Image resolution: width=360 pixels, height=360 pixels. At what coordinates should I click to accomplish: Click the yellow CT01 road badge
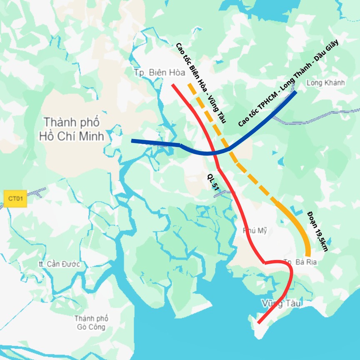pos(15,199)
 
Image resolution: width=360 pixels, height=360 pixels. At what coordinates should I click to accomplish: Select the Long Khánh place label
pos(325,82)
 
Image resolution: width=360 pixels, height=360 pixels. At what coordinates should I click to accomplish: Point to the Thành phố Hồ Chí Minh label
pos(72,129)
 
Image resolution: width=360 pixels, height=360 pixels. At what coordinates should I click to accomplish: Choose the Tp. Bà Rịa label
pos(297,262)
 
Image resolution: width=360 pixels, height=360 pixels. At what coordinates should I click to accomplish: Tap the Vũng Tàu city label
pos(281,302)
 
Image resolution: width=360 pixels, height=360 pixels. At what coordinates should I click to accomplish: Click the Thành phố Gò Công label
pos(92,322)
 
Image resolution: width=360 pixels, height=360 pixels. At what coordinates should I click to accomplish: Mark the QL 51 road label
pos(212,182)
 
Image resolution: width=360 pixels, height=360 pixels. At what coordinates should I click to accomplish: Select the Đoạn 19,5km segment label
pos(318,231)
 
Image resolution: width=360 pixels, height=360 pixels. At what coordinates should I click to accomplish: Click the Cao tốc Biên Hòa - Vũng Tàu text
pos(200,83)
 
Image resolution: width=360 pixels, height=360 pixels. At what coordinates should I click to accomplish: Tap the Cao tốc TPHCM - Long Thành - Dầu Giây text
pos(289,82)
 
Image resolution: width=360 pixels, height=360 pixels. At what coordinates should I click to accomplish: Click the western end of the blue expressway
pos(132,141)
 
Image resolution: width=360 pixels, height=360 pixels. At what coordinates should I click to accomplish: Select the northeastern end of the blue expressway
pos(295,92)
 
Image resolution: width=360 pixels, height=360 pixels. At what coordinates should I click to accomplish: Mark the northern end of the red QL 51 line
pos(173,85)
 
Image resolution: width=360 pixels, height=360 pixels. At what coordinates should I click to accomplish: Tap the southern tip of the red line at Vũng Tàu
pos(259,322)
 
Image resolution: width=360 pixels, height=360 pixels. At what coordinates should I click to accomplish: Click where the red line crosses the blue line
pos(213,153)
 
